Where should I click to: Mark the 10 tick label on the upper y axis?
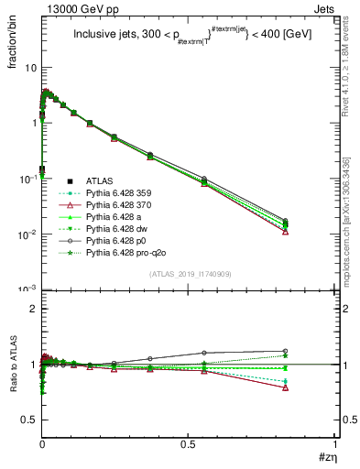pos(30,68)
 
